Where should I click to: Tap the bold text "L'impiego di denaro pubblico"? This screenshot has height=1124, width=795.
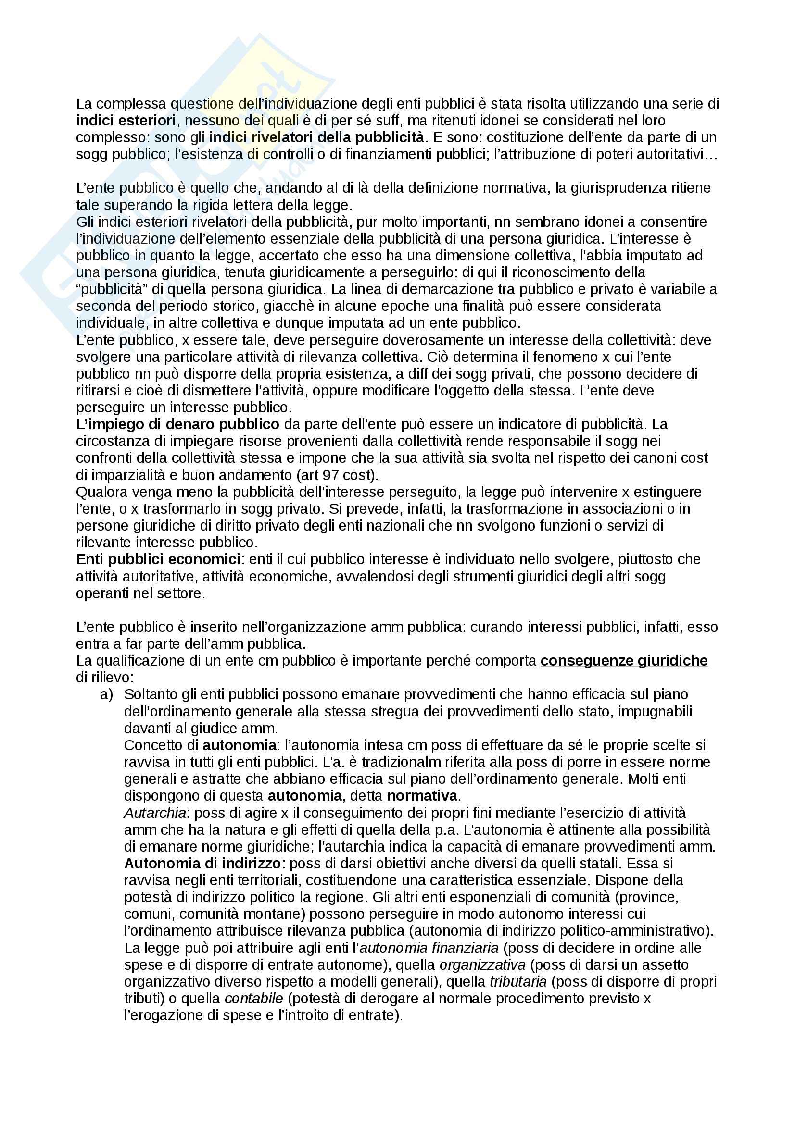point(177,424)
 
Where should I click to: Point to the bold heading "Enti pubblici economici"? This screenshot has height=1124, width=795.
point(158,559)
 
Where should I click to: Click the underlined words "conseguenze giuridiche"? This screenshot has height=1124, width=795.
point(624,660)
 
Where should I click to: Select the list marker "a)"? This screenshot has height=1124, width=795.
point(106,694)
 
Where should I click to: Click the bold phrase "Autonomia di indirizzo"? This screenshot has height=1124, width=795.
point(202,863)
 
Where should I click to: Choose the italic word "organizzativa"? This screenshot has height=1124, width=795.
point(482,964)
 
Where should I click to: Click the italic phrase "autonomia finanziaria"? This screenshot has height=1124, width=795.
point(429,948)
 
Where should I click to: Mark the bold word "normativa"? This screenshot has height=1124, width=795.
point(422,795)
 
